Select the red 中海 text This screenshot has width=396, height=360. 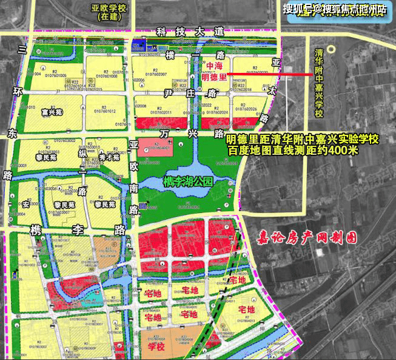[x=215, y=66]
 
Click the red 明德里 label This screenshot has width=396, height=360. [x=213, y=76]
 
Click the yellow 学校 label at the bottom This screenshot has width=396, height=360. [x=156, y=347]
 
